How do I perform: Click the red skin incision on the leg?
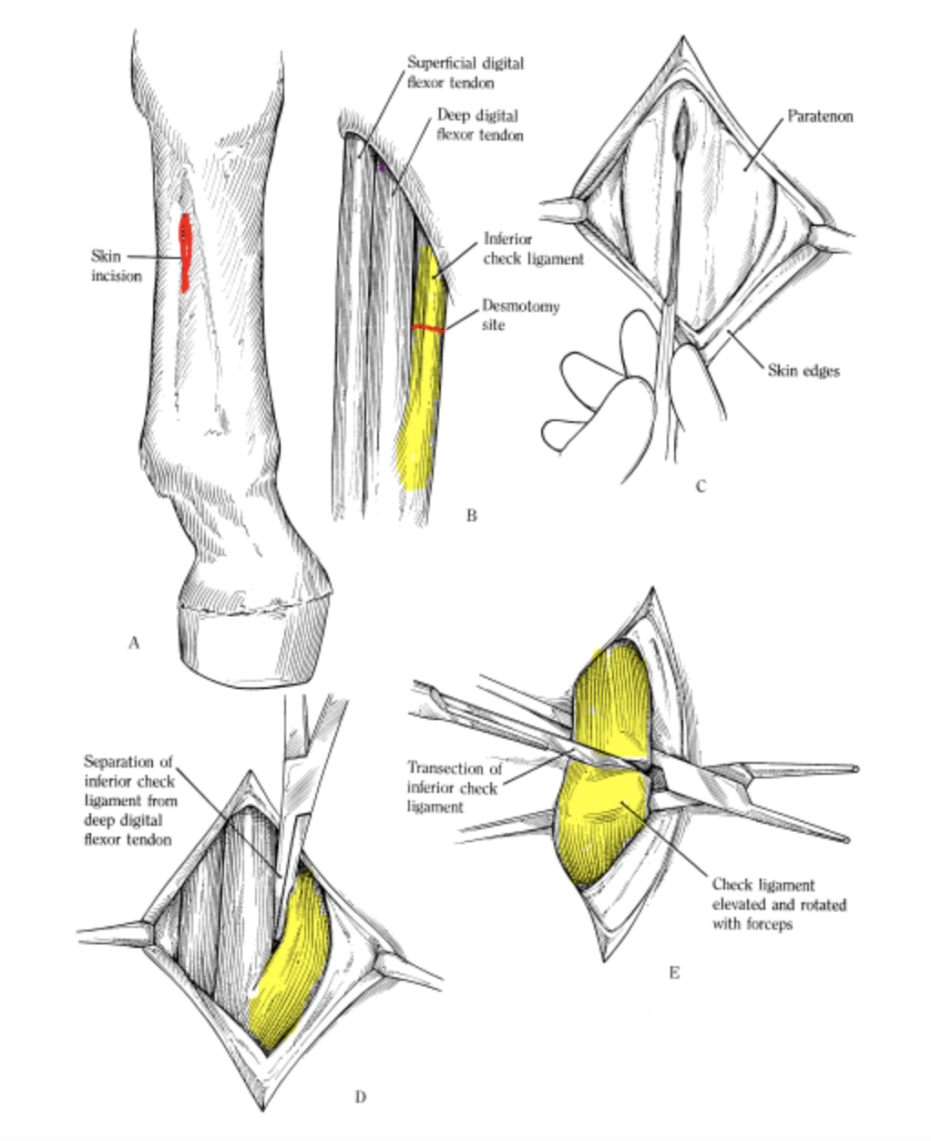tap(184, 252)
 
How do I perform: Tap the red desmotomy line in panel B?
tap(428, 328)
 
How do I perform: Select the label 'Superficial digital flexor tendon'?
tap(465, 73)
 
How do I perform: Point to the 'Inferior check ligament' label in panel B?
tap(532, 249)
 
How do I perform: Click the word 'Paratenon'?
tap(819, 118)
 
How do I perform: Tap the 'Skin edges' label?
tap(803, 371)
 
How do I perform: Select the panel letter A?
tap(134, 642)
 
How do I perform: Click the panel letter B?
tap(471, 516)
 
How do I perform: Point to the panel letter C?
tap(701, 486)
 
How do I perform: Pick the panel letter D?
tap(360, 1095)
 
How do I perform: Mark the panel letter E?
tap(674, 972)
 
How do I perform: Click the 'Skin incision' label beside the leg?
tap(117, 265)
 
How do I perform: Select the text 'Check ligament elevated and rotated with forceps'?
tap(778, 904)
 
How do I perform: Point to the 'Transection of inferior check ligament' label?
tap(454, 787)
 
